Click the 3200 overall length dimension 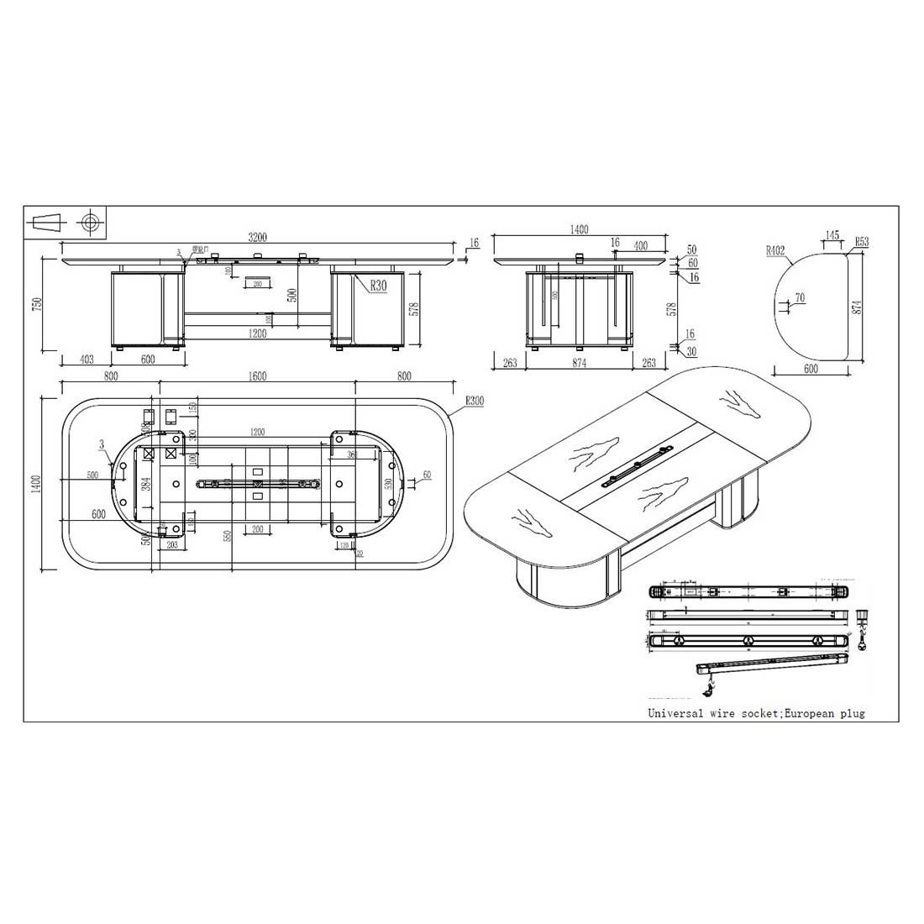[257, 238]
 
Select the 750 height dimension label [36, 303]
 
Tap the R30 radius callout [377, 286]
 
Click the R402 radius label [775, 250]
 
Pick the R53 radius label [862, 242]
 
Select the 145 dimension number [832, 235]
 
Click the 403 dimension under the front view [86, 359]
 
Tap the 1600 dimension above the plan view [257, 376]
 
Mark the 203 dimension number [171, 544]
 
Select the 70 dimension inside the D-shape [799, 298]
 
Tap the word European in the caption [809, 713]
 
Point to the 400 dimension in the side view [640, 245]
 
